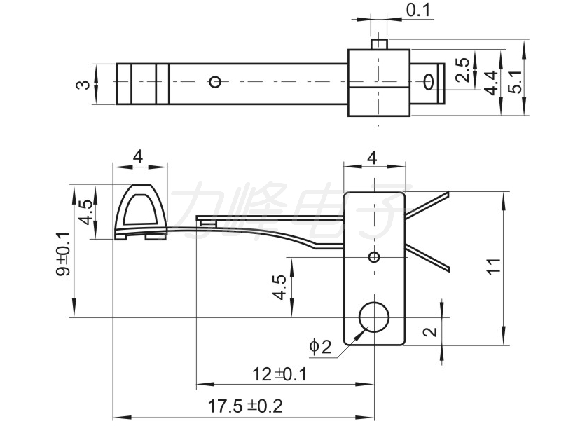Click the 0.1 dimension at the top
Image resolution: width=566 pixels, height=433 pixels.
click(419, 10)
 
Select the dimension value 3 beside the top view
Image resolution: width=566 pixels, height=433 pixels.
click(84, 85)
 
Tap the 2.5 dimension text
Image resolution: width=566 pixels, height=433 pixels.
click(463, 70)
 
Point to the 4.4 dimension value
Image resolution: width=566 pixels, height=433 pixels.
click(492, 83)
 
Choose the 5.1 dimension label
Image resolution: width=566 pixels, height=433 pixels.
click(516, 81)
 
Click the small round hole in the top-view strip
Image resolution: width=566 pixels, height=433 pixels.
click(216, 83)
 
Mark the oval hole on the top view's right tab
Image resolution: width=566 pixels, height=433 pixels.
click(429, 81)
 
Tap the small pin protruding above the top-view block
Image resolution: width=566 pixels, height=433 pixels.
click(379, 44)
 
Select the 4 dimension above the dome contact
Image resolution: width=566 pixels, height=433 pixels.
click(139, 157)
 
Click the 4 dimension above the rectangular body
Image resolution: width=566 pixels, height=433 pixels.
click(372, 158)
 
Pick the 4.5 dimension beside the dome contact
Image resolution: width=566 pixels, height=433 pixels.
click(87, 212)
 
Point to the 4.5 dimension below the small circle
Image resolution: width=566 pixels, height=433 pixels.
click(279, 287)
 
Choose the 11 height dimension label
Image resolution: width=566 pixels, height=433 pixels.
click(494, 266)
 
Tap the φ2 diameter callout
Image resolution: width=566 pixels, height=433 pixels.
click(321, 347)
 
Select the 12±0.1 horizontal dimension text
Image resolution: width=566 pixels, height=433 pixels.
click(279, 375)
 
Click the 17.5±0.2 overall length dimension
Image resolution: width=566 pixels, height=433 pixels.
click(245, 406)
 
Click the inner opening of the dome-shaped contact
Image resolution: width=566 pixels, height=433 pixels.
click(141, 209)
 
